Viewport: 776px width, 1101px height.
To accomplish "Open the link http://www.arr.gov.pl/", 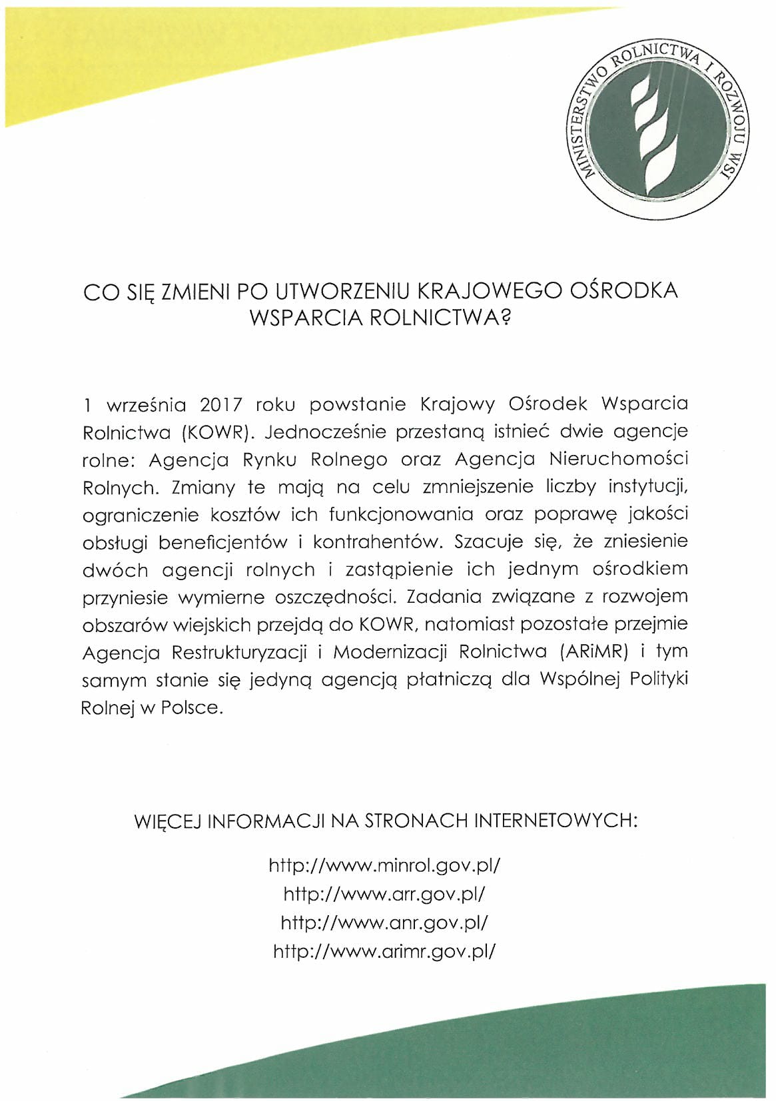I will pyautogui.click(x=384, y=894).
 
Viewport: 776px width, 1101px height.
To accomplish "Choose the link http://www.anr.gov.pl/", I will pyautogui.click(x=384, y=922).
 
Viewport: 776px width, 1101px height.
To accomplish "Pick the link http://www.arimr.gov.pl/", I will pyautogui.click(x=384, y=951).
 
